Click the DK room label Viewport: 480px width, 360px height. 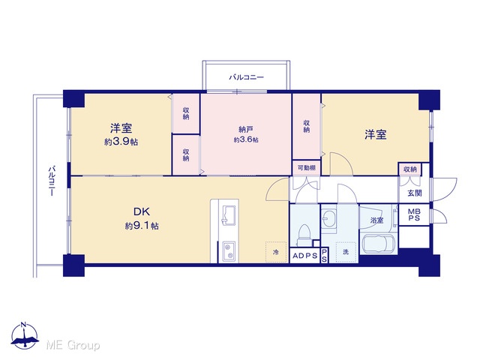click(x=141, y=211)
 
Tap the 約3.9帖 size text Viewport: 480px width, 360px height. click(x=121, y=142)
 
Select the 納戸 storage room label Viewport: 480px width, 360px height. click(x=246, y=129)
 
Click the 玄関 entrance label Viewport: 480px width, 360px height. click(x=415, y=193)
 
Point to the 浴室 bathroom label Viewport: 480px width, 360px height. click(x=376, y=220)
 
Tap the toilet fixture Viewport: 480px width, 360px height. click(x=305, y=235)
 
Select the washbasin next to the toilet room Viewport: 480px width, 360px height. click(x=328, y=218)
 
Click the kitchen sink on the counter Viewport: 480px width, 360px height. click(x=229, y=215)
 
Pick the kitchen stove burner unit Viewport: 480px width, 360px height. click(x=229, y=252)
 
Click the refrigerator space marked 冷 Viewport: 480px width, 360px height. click(x=276, y=252)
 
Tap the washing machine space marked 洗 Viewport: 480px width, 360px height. click(x=346, y=252)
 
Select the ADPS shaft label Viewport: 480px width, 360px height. click(x=305, y=256)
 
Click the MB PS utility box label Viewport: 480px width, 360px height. click(x=414, y=215)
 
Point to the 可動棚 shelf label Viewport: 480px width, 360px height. click(x=307, y=168)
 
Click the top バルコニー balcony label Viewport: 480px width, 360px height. click(x=247, y=77)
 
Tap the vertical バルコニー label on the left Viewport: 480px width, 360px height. click(x=52, y=181)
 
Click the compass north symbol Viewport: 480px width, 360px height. click(x=25, y=335)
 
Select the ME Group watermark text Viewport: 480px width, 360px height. click(x=73, y=345)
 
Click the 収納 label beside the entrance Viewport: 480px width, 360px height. click(x=410, y=169)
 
